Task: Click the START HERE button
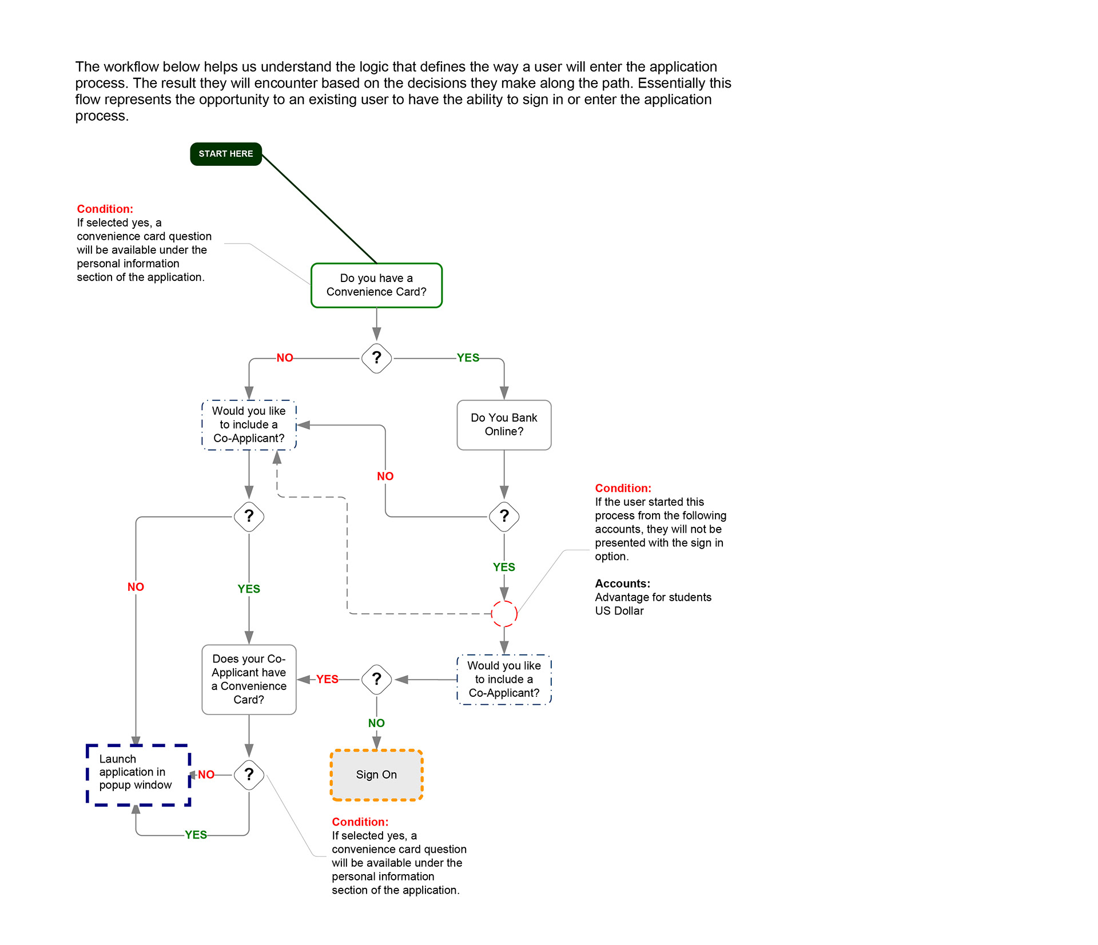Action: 225,154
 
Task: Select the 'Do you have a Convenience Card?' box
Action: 376,285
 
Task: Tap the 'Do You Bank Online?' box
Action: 504,425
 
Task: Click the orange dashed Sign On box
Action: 376,775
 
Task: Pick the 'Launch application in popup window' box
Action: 138,775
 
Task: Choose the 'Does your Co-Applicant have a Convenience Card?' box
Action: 249,680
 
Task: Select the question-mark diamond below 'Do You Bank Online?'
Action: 504,517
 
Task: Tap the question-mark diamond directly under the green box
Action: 376,358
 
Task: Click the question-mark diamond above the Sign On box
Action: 376,680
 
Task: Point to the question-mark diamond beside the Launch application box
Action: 249,775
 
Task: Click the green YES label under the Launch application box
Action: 196,835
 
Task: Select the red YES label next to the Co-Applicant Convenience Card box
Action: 327,679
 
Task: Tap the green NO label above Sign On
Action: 376,723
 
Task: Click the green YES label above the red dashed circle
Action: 504,567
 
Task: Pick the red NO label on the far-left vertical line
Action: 136,587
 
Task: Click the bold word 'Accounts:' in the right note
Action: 622,583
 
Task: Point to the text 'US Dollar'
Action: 619,611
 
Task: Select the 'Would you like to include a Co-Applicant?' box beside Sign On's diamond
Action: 504,680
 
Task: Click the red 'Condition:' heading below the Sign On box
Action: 360,822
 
